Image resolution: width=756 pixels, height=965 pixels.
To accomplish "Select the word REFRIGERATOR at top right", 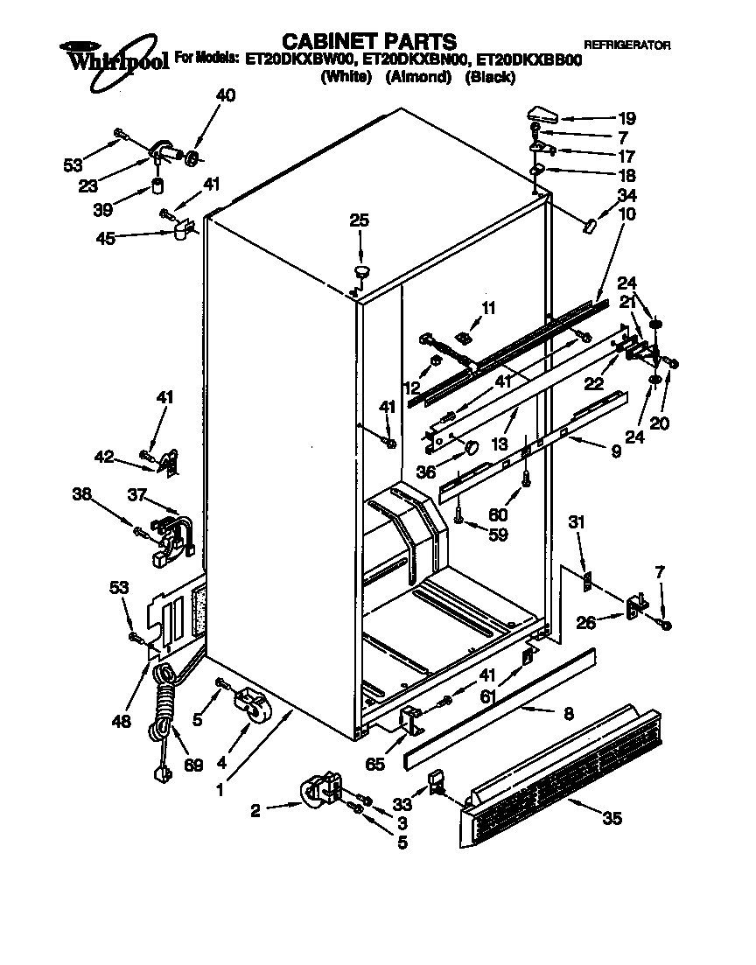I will [x=627, y=45].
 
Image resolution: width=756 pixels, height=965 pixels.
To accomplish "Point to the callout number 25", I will [x=360, y=221].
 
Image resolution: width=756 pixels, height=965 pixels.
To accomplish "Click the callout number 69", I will [x=193, y=765].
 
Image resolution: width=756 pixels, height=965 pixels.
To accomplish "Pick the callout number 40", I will [x=225, y=96].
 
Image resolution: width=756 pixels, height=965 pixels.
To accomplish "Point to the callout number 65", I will [x=375, y=764].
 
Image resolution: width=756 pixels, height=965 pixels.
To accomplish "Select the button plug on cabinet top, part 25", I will [x=361, y=269].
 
